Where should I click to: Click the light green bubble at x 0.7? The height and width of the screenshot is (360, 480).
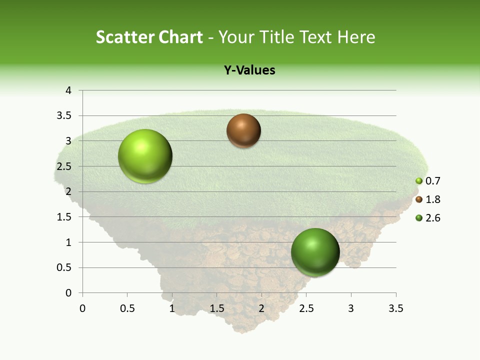(x=145, y=156)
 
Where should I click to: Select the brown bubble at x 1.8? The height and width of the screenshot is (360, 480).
(x=243, y=130)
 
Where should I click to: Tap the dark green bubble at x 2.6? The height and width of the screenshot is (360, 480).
(x=315, y=252)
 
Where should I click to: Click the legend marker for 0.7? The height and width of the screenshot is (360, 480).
(x=419, y=181)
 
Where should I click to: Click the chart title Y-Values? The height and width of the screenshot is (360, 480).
(x=249, y=70)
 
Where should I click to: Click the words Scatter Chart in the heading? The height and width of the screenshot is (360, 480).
(x=149, y=37)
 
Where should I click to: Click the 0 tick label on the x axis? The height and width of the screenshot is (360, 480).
(x=82, y=308)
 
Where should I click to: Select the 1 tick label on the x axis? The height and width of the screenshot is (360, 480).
(x=172, y=308)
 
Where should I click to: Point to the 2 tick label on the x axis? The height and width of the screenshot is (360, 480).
(x=261, y=308)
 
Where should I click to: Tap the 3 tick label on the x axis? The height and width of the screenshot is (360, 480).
(x=351, y=308)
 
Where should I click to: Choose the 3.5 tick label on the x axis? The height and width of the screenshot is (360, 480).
(x=396, y=308)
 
